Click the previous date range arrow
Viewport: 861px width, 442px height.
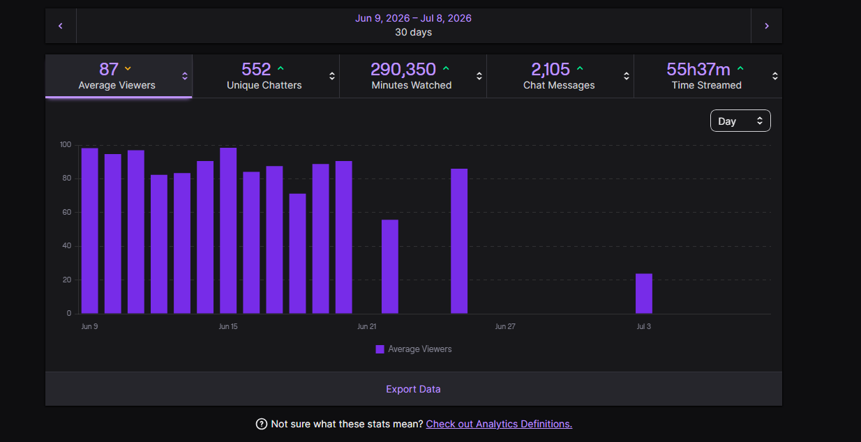(x=60, y=26)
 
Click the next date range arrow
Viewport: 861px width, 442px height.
(x=766, y=26)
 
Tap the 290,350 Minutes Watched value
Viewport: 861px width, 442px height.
(x=403, y=70)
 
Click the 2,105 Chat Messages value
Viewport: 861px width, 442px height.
(x=550, y=70)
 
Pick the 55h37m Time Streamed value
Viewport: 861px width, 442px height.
(x=698, y=70)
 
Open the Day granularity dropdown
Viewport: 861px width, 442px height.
(x=740, y=121)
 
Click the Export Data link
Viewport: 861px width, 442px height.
(x=413, y=389)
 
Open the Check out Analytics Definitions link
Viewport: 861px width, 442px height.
(x=499, y=424)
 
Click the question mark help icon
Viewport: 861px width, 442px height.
(x=262, y=424)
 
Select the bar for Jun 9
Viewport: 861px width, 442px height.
(x=89, y=231)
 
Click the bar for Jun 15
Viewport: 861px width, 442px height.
(x=228, y=230)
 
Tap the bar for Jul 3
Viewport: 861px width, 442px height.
(x=644, y=294)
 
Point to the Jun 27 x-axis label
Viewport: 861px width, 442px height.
(x=505, y=326)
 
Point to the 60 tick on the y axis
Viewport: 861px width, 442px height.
(x=67, y=212)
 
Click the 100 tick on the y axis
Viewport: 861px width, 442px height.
(x=66, y=144)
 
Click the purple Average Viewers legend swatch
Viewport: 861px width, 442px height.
(x=380, y=349)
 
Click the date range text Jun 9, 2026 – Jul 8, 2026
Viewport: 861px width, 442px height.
(x=413, y=18)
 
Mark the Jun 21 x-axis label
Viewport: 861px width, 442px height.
(x=367, y=326)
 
